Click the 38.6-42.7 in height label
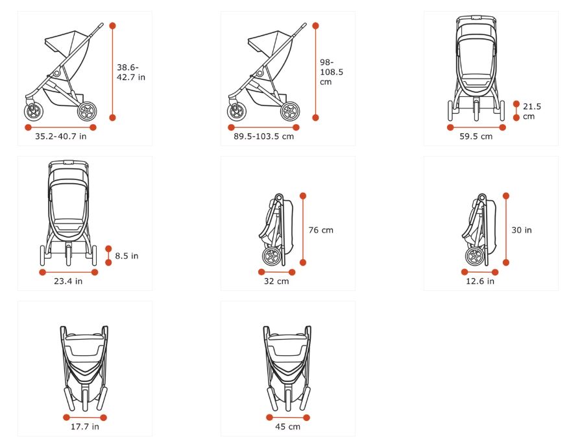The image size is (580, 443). pyautogui.click(x=131, y=72)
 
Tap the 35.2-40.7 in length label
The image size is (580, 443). pyautogui.click(x=61, y=136)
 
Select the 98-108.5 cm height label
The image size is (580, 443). pyautogui.click(x=332, y=72)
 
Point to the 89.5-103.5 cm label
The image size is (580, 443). pyautogui.click(x=264, y=136)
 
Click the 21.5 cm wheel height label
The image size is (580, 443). pyautogui.click(x=532, y=112)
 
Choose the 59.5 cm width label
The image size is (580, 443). pyautogui.click(x=476, y=136)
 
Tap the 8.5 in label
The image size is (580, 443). pyautogui.click(x=127, y=256)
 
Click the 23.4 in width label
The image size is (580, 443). pyautogui.click(x=68, y=281)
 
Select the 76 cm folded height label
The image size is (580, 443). pyautogui.click(x=320, y=230)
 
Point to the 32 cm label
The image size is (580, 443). pyautogui.click(x=276, y=281)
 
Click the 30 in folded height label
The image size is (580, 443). pyautogui.click(x=522, y=230)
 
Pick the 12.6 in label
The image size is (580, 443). pyautogui.click(x=480, y=281)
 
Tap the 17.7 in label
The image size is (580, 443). pyautogui.click(x=85, y=427)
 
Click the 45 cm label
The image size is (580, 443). pyautogui.click(x=288, y=427)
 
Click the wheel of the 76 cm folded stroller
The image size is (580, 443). pyautogui.click(x=272, y=256)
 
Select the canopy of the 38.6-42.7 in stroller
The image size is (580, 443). pyautogui.click(x=67, y=42)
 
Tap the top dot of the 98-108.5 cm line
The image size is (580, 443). pyautogui.click(x=315, y=25)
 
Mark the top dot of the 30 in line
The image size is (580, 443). pyautogui.click(x=506, y=196)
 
